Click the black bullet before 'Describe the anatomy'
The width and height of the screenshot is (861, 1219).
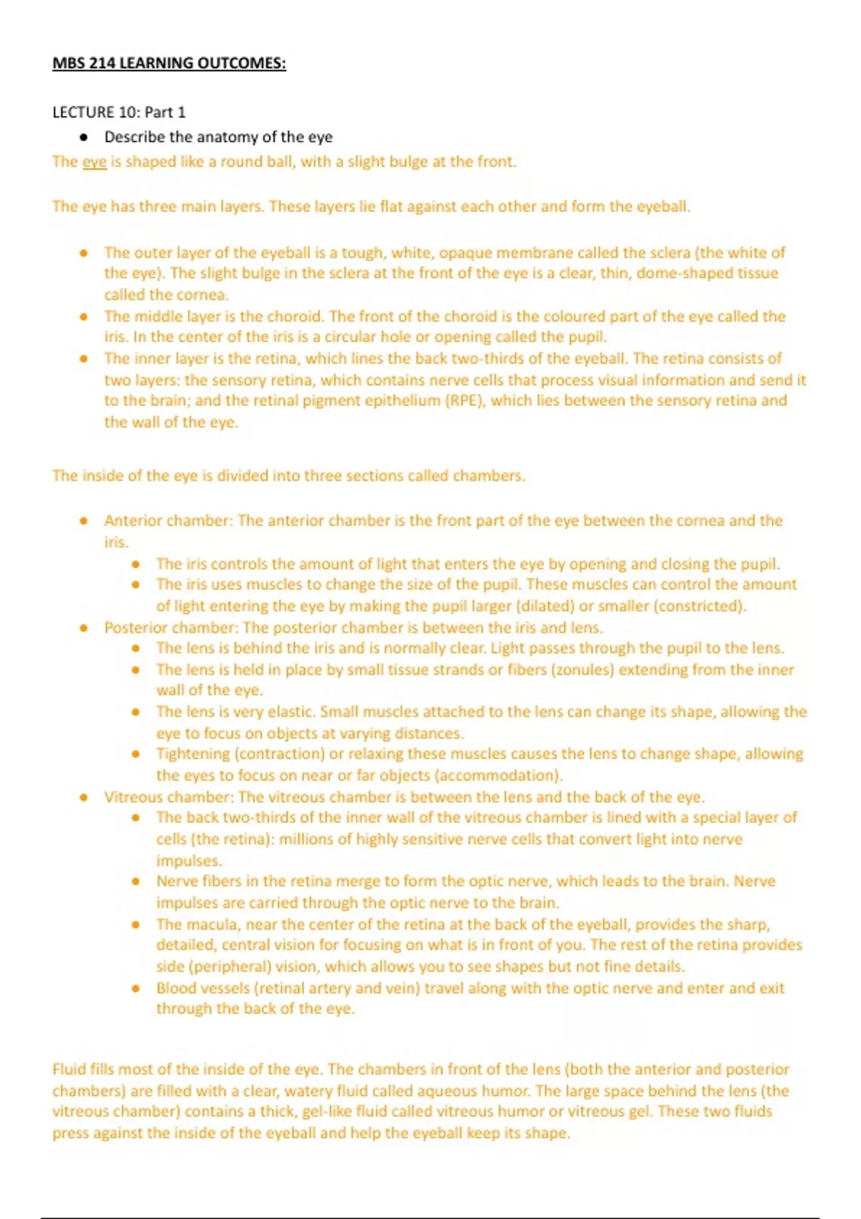[84, 137]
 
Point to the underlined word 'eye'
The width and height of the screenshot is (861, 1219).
[94, 161]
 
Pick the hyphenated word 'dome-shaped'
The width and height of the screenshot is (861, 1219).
[681, 273]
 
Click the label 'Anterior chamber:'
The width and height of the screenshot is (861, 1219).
[169, 521]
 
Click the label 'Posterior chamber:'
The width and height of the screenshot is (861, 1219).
[171, 627]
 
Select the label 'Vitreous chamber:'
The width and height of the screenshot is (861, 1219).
[169, 797]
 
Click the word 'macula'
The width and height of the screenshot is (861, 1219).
[215, 924]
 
